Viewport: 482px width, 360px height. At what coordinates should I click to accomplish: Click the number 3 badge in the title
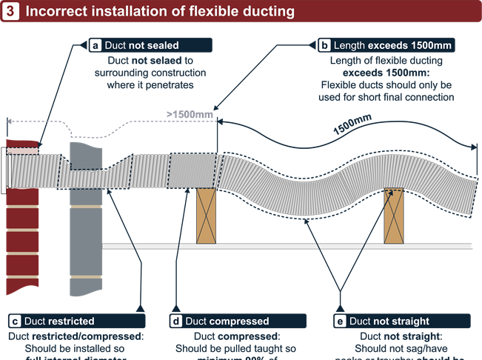click(12, 12)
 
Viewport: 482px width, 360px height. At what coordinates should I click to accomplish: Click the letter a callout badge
click(96, 45)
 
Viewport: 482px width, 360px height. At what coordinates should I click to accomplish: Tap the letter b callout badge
click(324, 45)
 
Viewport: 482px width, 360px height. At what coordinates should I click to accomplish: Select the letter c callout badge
click(14, 321)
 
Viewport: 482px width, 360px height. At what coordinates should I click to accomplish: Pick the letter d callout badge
click(175, 321)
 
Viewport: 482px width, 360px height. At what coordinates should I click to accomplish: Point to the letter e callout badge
click(340, 321)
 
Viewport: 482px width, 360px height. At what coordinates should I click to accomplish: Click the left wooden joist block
click(206, 216)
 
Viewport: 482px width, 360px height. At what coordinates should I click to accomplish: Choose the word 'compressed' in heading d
click(239, 321)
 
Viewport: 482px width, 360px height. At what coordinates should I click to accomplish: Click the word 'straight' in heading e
click(409, 321)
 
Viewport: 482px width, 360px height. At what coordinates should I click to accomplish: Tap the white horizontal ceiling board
click(296, 245)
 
